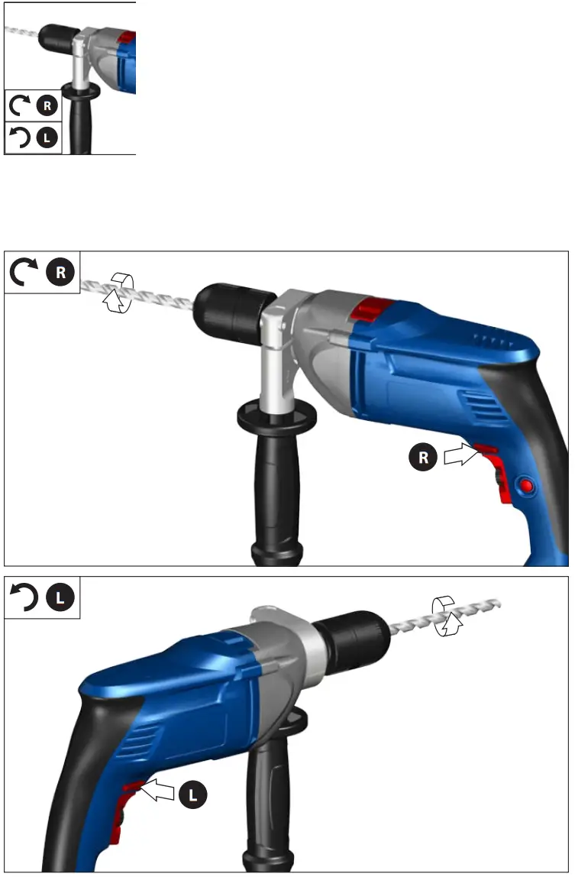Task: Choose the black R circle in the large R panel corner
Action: click(61, 272)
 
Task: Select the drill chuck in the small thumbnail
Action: click(56, 34)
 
